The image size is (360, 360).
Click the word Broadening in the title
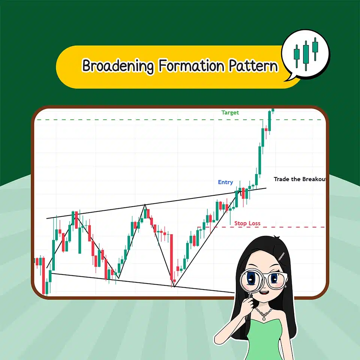click(x=118, y=66)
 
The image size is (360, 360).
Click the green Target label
click(x=230, y=112)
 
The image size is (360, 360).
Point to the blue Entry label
click(x=225, y=182)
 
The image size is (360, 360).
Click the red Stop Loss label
click(x=247, y=223)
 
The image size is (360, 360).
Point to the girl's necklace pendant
click(x=265, y=318)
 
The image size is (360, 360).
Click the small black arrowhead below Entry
click(x=237, y=193)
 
